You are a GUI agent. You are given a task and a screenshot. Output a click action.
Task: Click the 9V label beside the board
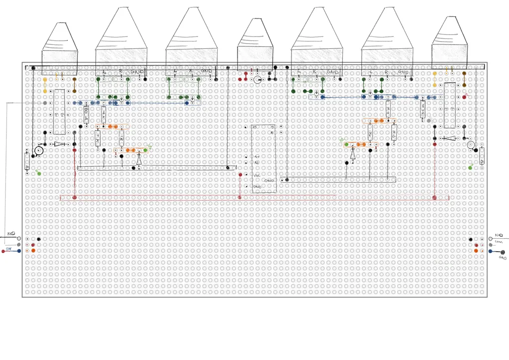8,248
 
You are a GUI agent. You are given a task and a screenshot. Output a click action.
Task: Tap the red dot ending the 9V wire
3,251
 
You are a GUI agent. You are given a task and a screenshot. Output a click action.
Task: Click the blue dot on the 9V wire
19,251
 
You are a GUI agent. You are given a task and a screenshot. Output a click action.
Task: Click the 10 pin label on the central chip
255,127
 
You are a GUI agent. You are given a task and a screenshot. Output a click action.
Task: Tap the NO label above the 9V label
11,234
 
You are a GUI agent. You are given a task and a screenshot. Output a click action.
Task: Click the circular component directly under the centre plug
257,79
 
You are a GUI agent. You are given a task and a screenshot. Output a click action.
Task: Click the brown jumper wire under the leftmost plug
74,85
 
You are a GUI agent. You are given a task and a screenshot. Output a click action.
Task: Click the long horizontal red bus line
250,198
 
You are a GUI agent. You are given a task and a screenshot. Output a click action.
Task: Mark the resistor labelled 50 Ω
86,115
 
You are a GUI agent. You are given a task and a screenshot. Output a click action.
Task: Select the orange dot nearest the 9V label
33,251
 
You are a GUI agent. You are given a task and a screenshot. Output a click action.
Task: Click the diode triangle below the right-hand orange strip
353,155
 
